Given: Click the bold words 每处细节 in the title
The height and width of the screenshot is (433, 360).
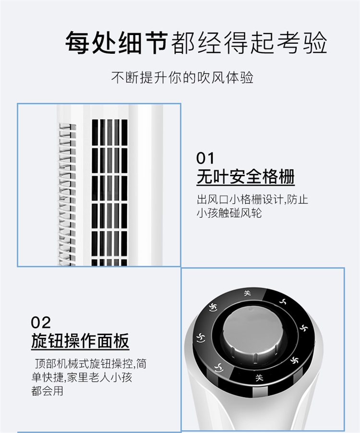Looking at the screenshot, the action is pyautogui.click(x=116, y=43).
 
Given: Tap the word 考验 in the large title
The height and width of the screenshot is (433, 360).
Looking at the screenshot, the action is pyautogui.click(x=302, y=43).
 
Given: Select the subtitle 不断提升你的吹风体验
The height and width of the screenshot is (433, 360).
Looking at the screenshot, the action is pyautogui.click(x=182, y=78).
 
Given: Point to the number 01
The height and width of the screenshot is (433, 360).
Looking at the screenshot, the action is pyautogui.click(x=205, y=158).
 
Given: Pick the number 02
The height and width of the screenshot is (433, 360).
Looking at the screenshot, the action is pyautogui.click(x=41, y=323).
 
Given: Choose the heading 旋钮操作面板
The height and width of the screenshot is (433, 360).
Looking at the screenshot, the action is pyautogui.click(x=80, y=341).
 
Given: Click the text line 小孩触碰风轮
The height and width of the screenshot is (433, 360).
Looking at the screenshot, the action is pyautogui.click(x=229, y=213).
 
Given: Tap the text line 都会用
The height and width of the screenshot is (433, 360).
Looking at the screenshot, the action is pyautogui.click(x=47, y=391).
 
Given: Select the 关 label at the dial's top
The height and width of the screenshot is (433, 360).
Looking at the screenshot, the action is pyautogui.click(x=247, y=293).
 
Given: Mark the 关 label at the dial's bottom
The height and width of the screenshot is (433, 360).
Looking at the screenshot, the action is pyautogui.click(x=259, y=377).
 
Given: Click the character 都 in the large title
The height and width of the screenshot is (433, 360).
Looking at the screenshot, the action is pyautogui.click(x=183, y=43).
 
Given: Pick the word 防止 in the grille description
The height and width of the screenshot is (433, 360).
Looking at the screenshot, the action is pyautogui.click(x=297, y=199).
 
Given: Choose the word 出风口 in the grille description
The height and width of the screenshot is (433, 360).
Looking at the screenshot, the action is pyautogui.click(x=213, y=199).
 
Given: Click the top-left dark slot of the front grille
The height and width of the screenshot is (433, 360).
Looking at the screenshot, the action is pyautogui.click(x=95, y=132).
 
